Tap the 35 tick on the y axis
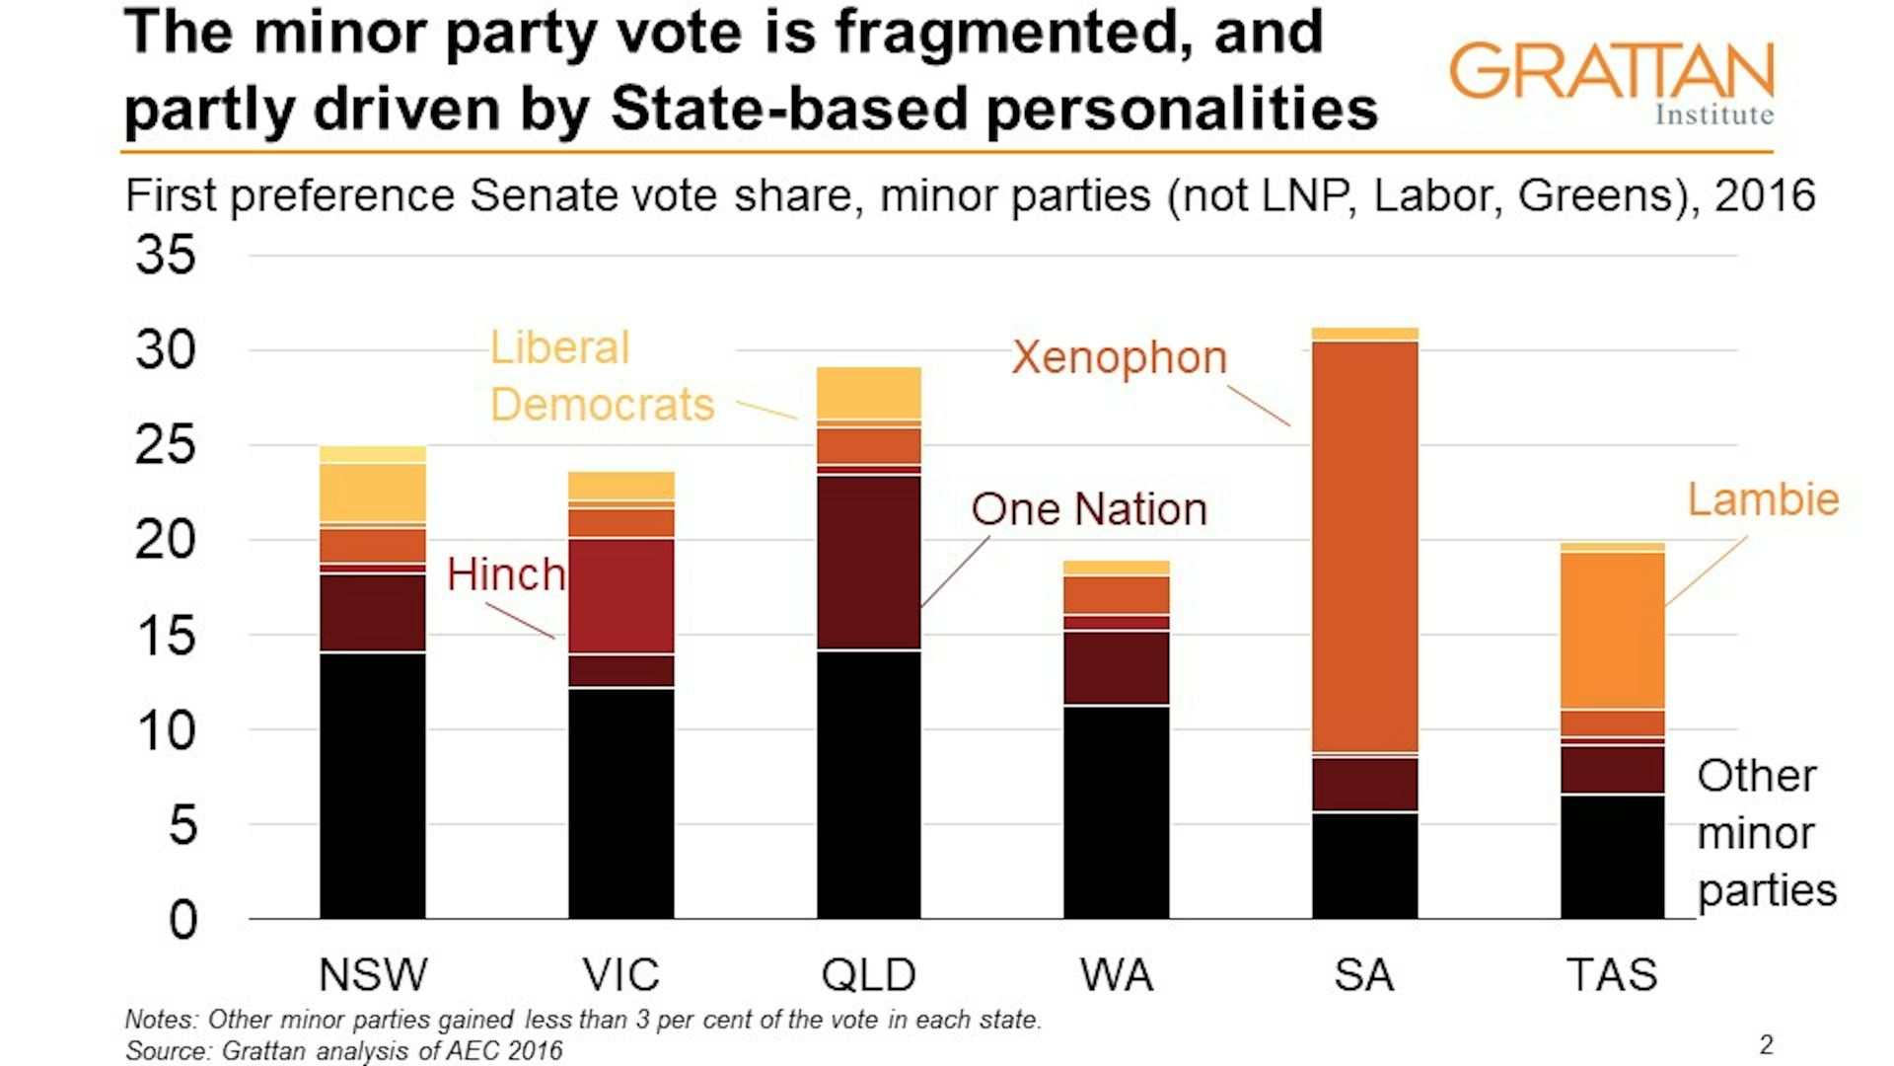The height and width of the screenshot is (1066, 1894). coord(165,256)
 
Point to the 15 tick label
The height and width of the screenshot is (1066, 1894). coord(165,637)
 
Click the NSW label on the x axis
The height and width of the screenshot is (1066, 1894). coord(373,975)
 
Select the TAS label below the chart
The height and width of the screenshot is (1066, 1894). coord(1612,975)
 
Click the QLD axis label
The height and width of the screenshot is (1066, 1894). coord(868,975)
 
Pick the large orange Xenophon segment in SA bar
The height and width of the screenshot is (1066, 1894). coord(1365,548)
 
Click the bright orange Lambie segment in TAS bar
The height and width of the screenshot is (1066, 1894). coord(1612,630)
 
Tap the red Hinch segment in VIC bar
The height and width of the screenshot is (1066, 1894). coord(621,595)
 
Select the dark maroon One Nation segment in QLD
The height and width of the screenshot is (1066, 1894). coord(868,563)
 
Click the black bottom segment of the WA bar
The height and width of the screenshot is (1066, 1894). coord(1117,811)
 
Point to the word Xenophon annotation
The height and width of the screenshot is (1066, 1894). coord(1119,357)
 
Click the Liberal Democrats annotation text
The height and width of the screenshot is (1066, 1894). coord(602,377)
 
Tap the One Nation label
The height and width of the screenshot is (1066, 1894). coord(1089,509)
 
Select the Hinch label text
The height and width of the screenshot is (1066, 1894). coord(505,574)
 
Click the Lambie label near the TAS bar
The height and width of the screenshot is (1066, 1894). coord(1763,499)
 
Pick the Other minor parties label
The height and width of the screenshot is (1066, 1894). coord(1765,833)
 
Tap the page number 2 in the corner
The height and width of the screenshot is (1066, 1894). coord(1766,1044)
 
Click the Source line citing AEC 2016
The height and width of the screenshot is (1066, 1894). coord(343,1050)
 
